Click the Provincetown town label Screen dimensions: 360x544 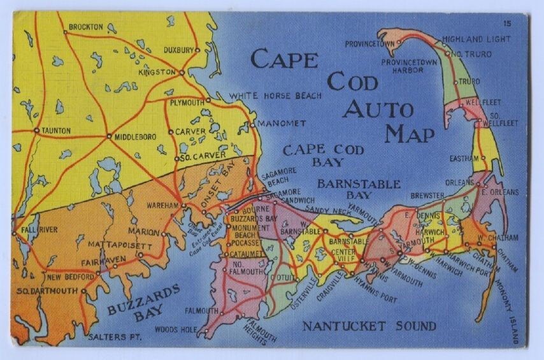click(370, 45)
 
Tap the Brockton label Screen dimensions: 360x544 click(85, 27)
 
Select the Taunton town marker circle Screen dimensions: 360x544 click(37, 130)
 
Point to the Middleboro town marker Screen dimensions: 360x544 click(110, 136)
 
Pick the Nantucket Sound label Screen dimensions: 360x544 click(369, 327)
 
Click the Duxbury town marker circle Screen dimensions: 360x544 click(197, 50)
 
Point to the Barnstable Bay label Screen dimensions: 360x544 click(359, 190)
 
